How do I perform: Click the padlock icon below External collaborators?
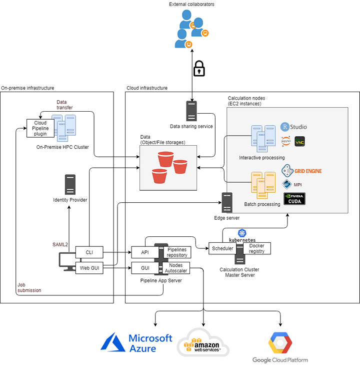pyautogui.click(x=199, y=69)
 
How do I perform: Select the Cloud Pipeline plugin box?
pyautogui.click(x=40, y=128)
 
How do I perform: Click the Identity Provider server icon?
pyautogui.click(x=70, y=184)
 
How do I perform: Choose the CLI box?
pyautogui.click(x=89, y=252)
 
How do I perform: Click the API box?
pyautogui.click(x=145, y=252)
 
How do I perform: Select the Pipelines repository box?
pyautogui.click(x=176, y=252)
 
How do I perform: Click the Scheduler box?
pyautogui.click(x=223, y=248)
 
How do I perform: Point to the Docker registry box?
pyautogui.click(x=256, y=248)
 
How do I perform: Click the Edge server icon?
pyautogui.click(x=227, y=202)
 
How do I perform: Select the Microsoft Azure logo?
pyautogui.click(x=136, y=343)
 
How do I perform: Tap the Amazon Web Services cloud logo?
pyautogui.click(x=203, y=344)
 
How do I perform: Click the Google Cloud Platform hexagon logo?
pyautogui.click(x=279, y=342)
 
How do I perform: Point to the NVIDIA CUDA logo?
pyautogui.click(x=294, y=199)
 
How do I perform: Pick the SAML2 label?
pyautogui.click(x=61, y=244)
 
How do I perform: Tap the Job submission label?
pyautogui.click(x=29, y=287)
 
